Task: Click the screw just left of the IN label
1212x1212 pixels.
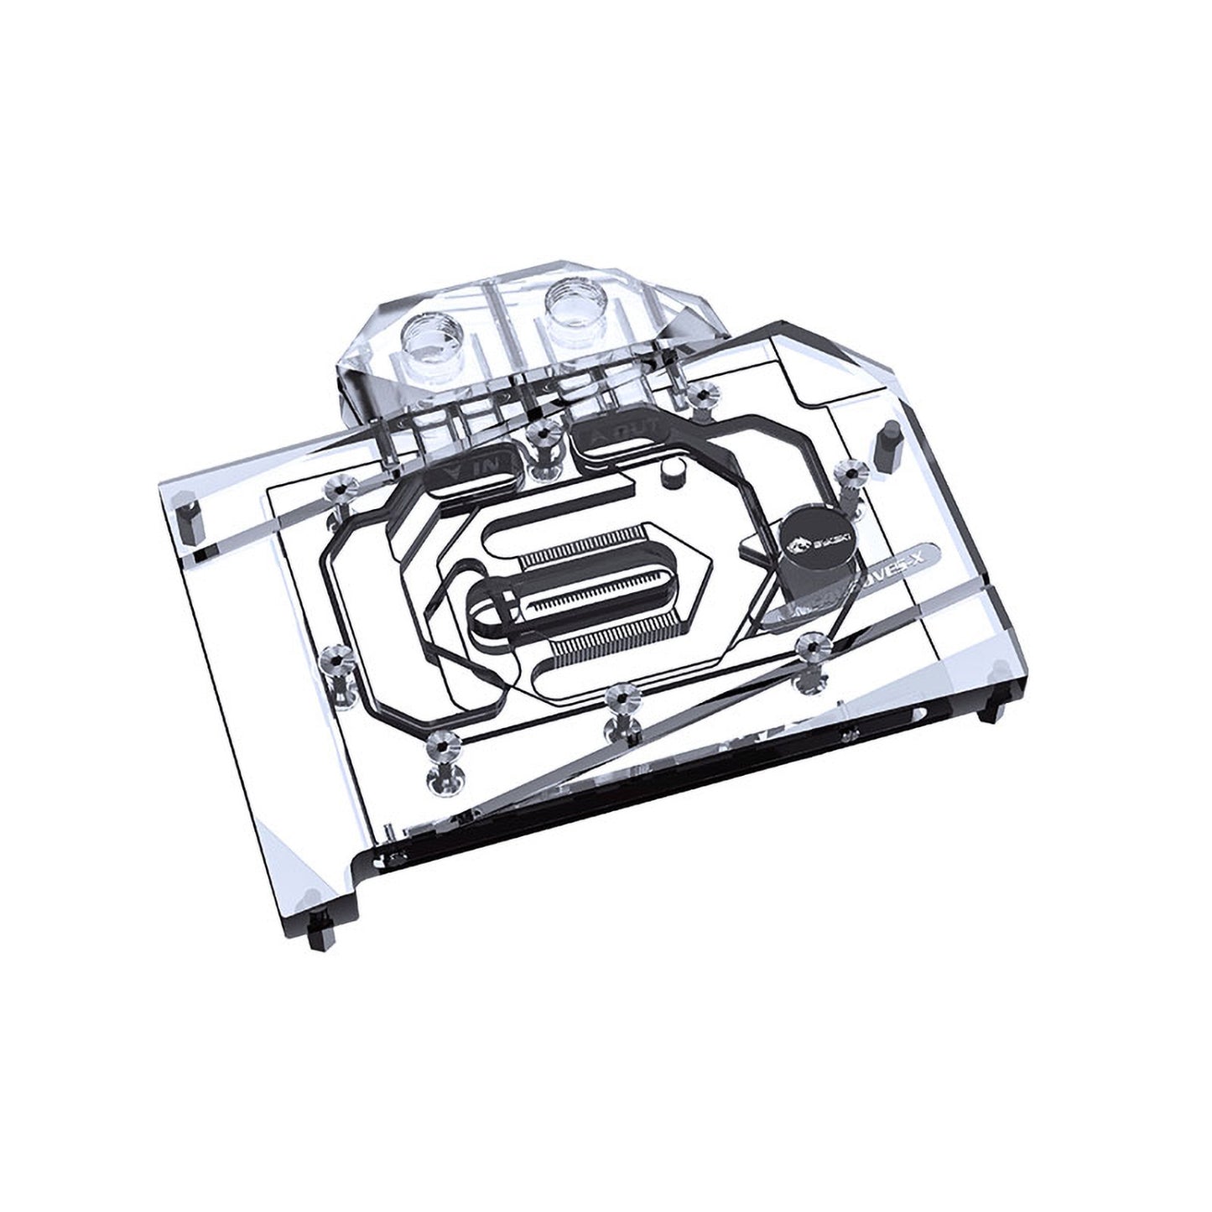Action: tap(341, 488)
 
